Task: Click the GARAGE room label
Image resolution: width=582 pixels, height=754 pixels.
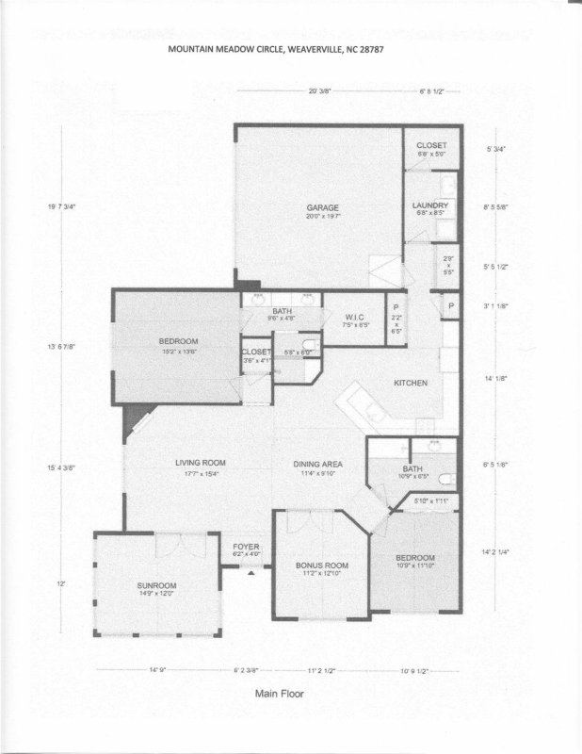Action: [x=322, y=208]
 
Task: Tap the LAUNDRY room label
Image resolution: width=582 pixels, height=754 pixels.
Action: [x=430, y=205]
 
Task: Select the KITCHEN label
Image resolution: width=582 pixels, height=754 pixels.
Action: [x=411, y=383]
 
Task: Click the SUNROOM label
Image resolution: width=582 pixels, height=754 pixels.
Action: [x=156, y=585]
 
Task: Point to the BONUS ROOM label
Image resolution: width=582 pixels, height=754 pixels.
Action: [x=322, y=565]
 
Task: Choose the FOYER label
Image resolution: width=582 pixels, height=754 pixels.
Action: [x=246, y=547]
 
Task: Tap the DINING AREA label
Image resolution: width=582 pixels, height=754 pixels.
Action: [x=316, y=464]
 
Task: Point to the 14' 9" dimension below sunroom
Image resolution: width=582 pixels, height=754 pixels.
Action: [x=158, y=670]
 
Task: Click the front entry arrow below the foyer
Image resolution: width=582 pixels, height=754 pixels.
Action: [x=251, y=572]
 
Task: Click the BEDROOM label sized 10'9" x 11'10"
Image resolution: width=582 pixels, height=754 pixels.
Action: [x=415, y=558]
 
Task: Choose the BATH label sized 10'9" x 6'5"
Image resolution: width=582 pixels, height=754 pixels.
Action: [x=412, y=468]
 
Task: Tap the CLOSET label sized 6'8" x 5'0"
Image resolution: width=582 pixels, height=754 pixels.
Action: [x=432, y=145]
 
